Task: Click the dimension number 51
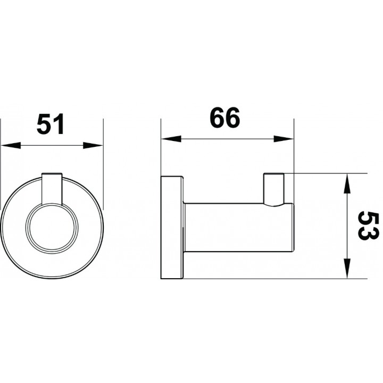tap(51, 124)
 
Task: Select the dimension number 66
tap(224, 118)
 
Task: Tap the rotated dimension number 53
tap(368, 226)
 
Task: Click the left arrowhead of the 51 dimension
tap(11, 146)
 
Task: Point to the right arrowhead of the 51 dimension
tap(93, 146)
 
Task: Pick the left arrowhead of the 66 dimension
tap(171, 139)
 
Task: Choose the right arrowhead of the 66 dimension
tap(284, 139)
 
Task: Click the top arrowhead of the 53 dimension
tap(347, 183)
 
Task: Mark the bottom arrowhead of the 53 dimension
tap(347, 269)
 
